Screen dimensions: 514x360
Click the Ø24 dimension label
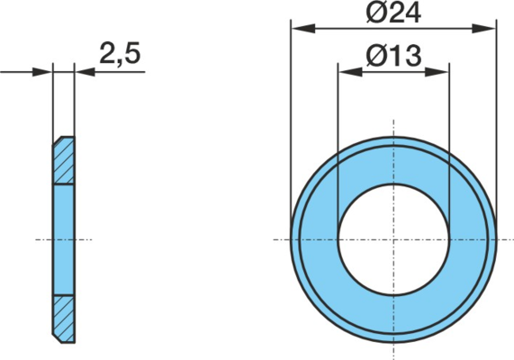coord(393,13)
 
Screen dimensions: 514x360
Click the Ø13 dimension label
coord(393,56)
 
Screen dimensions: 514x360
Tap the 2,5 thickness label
coord(120,53)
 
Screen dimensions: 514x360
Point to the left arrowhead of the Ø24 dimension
coord(303,29)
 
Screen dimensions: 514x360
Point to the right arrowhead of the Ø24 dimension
coord(483,29)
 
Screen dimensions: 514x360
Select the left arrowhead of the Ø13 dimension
coord(350,72)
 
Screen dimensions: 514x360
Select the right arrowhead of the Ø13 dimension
coord(437,72)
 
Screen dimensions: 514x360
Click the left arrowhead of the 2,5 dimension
coord(42,72)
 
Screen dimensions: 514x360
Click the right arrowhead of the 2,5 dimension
coord(85,72)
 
